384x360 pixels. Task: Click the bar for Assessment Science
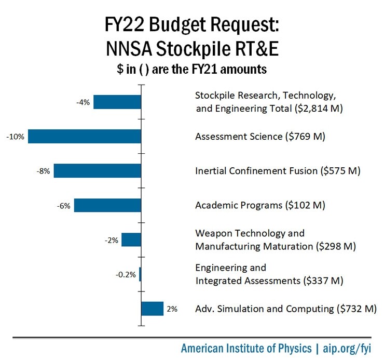(85, 137)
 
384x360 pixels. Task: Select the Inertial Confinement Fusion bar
(98, 171)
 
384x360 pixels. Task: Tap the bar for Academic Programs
(107, 205)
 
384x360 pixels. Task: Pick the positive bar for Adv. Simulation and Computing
(153, 309)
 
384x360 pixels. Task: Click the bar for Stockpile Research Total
(117, 102)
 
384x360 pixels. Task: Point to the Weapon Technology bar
(131, 239)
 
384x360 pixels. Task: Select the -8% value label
(44, 171)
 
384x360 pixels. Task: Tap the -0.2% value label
(126, 274)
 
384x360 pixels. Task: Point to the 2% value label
(172, 309)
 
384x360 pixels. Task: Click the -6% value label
(64, 205)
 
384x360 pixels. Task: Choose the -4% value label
(83, 102)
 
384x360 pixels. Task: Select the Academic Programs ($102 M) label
(260, 205)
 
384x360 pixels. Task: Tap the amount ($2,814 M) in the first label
(320, 109)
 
